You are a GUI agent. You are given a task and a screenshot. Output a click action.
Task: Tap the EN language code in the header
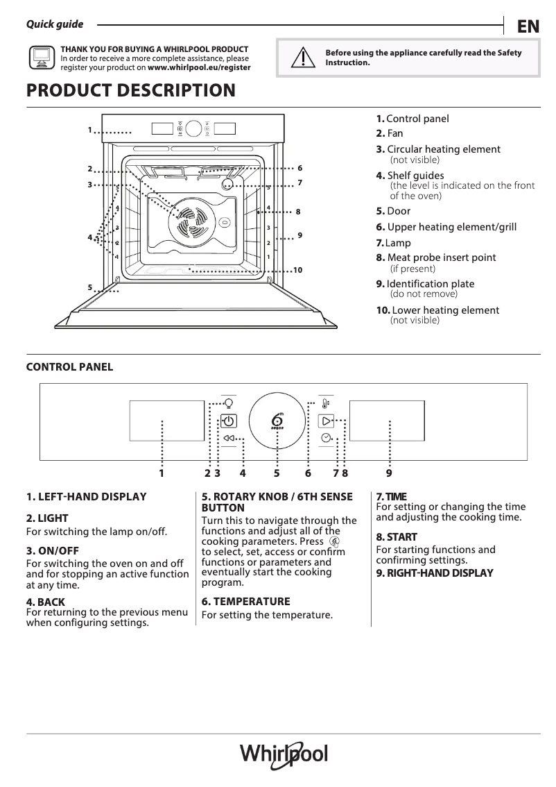coord(528,26)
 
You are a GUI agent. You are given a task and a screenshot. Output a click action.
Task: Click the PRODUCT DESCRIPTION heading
coord(130,91)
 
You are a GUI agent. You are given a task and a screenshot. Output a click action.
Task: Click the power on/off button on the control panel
coord(229,421)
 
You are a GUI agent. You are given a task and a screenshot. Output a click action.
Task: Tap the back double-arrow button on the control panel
coord(229,438)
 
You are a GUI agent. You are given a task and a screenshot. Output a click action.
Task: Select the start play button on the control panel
coord(326,421)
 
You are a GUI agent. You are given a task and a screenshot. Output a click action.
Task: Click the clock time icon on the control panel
coord(326,438)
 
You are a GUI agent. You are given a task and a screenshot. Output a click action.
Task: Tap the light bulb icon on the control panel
coord(229,402)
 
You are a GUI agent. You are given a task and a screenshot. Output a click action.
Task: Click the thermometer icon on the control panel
coord(326,403)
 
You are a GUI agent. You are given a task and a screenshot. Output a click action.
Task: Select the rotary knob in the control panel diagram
coord(277,421)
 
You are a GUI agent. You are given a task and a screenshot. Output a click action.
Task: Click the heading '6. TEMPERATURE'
coord(245,602)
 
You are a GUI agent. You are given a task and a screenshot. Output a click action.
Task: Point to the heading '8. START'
coord(397,537)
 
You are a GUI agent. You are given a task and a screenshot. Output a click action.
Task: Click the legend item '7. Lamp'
coord(393,243)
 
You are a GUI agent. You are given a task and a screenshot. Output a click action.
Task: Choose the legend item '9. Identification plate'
coord(425,284)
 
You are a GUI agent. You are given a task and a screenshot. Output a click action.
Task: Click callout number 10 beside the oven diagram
coord(298,269)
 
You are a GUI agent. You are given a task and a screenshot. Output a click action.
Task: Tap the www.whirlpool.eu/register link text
coord(199,68)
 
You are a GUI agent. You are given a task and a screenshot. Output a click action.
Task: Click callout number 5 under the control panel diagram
coord(277,473)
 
